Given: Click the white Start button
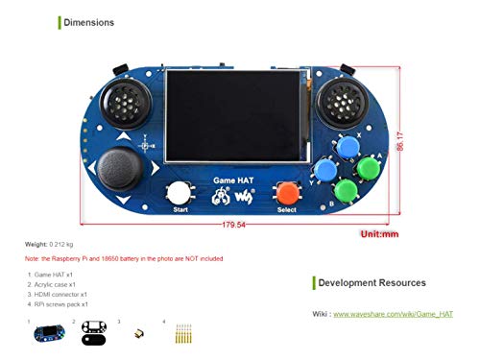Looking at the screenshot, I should point(178,192).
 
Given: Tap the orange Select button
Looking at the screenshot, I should point(286,192).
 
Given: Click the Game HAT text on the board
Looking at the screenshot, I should point(231,180).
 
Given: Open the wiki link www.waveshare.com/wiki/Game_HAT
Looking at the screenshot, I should point(393,314).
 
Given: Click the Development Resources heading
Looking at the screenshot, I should point(371,282).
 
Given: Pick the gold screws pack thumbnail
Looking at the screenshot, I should point(182,335).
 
